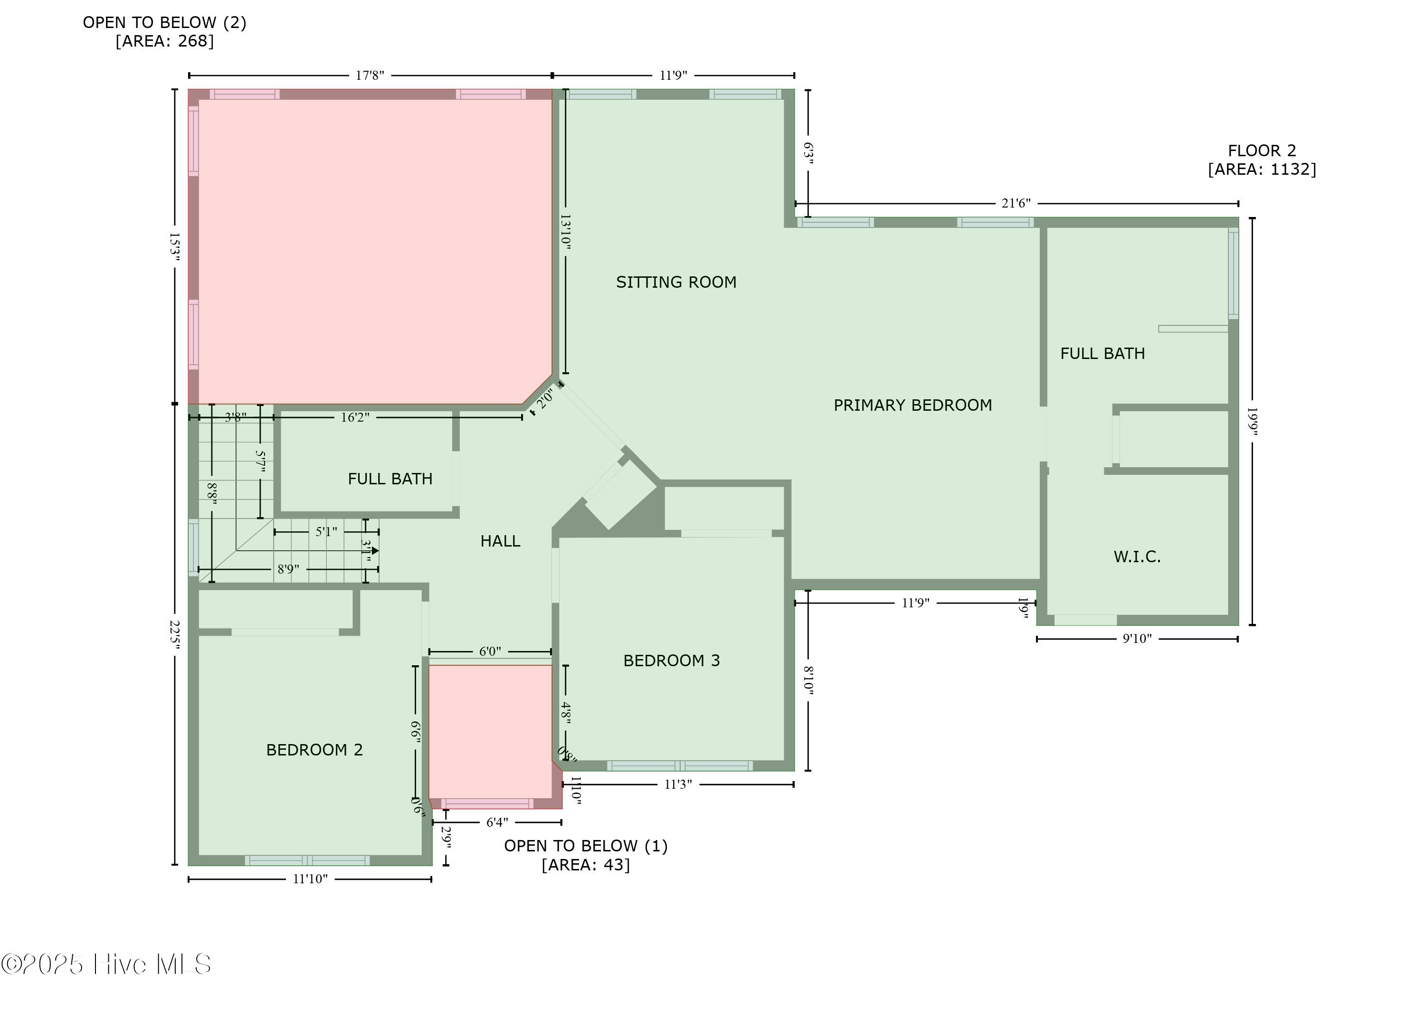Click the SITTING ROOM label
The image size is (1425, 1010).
676,283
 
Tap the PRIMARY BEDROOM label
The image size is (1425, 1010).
912,406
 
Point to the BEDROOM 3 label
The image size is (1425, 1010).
671,661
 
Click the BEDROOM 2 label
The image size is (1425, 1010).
314,750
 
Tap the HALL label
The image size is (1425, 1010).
500,541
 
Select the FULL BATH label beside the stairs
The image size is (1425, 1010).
390,479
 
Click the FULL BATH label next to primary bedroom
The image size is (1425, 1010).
1102,354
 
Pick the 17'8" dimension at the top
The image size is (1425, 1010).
370,76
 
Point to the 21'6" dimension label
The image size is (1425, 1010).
1016,203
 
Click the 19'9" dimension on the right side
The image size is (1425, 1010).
1252,422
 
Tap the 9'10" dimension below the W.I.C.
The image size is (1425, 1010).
1137,639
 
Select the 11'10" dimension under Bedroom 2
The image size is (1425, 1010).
310,879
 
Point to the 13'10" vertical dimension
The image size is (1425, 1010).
565,232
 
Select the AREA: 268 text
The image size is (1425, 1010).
164,41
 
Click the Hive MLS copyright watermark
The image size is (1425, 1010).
106,964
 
